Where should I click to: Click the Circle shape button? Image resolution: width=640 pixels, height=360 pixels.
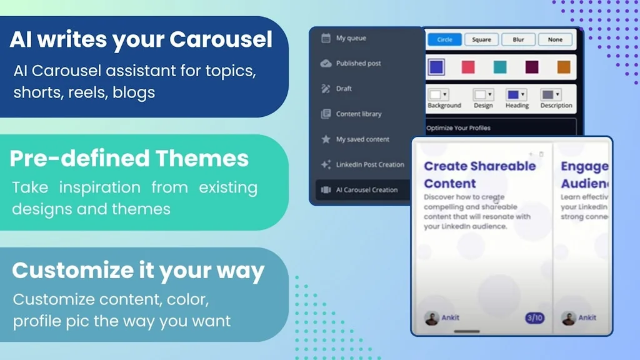[444, 39]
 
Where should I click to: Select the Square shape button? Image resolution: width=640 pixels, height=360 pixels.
[481, 39]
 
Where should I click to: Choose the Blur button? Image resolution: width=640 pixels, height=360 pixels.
[518, 39]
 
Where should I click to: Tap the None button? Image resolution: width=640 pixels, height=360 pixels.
[555, 39]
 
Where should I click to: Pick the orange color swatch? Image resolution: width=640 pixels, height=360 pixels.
[564, 67]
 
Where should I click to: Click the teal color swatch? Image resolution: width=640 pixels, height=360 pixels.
[500, 67]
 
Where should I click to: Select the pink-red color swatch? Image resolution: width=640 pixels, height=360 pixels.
[467, 67]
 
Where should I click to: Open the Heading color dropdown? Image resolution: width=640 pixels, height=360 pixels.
[516, 95]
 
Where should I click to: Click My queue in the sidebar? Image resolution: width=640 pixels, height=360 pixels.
[351, 38]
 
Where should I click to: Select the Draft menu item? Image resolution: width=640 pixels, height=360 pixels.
[344, 89]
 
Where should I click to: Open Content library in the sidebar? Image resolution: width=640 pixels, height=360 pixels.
[358, 114]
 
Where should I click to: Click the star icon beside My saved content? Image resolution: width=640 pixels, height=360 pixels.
[326, 139]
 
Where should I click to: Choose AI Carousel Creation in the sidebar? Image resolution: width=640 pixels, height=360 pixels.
[366, 190]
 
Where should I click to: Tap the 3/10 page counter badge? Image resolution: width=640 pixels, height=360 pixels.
[534, 318]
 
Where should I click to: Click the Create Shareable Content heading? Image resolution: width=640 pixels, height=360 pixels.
[479, 174]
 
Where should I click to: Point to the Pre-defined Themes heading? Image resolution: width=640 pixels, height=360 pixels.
[129, 159]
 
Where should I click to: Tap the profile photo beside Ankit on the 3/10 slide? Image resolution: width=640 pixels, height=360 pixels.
[431, 318]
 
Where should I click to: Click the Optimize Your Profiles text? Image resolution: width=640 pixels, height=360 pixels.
[458, 128]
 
